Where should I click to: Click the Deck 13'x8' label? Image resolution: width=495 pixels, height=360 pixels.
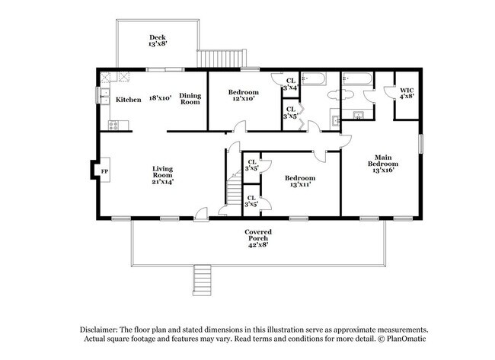[158, 40]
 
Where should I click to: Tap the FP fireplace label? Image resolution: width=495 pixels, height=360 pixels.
[104, 171]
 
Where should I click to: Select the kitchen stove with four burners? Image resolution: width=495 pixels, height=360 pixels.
[113, 126]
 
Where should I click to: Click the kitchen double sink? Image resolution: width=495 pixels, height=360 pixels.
[104, 96]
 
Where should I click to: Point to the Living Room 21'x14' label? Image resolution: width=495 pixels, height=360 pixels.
[162, 175]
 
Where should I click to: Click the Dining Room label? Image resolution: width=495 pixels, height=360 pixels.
[190, 98]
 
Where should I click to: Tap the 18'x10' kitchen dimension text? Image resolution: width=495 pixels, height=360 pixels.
[160, 98]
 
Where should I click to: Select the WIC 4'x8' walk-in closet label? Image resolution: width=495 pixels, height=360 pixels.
[407, 94]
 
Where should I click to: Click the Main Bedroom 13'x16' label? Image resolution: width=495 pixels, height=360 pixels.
[383, 164]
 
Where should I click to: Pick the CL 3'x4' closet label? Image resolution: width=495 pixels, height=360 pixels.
[290, 84]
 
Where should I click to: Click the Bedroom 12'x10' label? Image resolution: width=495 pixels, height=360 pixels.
[244, 95]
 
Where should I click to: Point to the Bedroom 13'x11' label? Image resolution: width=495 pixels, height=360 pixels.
[300, 181]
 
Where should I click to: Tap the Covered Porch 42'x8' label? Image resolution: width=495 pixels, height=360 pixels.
[258, 238]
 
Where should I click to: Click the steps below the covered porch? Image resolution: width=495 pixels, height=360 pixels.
[202, 280]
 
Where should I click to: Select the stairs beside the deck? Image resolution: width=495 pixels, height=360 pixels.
[222, 58]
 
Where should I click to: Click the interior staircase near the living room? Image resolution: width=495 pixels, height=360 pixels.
[234, 189]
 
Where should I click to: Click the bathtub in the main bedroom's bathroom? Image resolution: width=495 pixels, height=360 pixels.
[358, 78]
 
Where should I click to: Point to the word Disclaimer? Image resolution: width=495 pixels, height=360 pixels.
[99, 330]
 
